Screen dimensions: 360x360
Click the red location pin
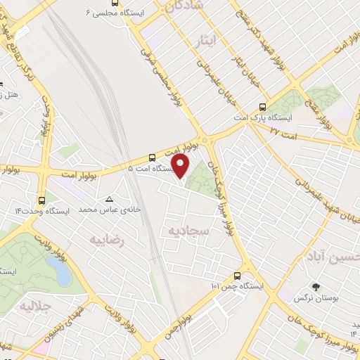(181, 167)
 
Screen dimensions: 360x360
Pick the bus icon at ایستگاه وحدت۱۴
(43, 199)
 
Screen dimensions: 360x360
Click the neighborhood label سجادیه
(183, 231)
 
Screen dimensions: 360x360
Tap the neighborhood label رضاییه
(107, 240)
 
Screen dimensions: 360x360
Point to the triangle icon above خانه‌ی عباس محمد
(108, 199)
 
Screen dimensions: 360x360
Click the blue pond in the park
(52, 268)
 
